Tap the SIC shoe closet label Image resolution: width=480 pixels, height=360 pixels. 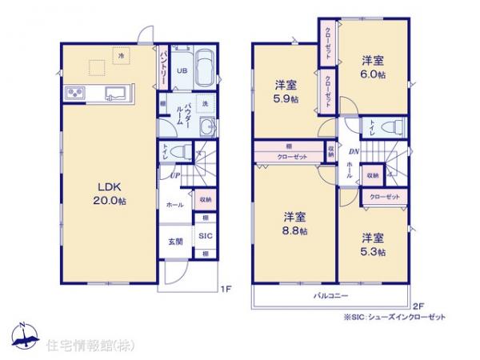(x=204, y=236)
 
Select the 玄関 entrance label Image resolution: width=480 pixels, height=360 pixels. (x=174, y=241)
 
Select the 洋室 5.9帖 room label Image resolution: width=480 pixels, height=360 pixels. (x=286, y=91)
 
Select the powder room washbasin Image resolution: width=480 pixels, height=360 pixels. (x=207, y=127)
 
